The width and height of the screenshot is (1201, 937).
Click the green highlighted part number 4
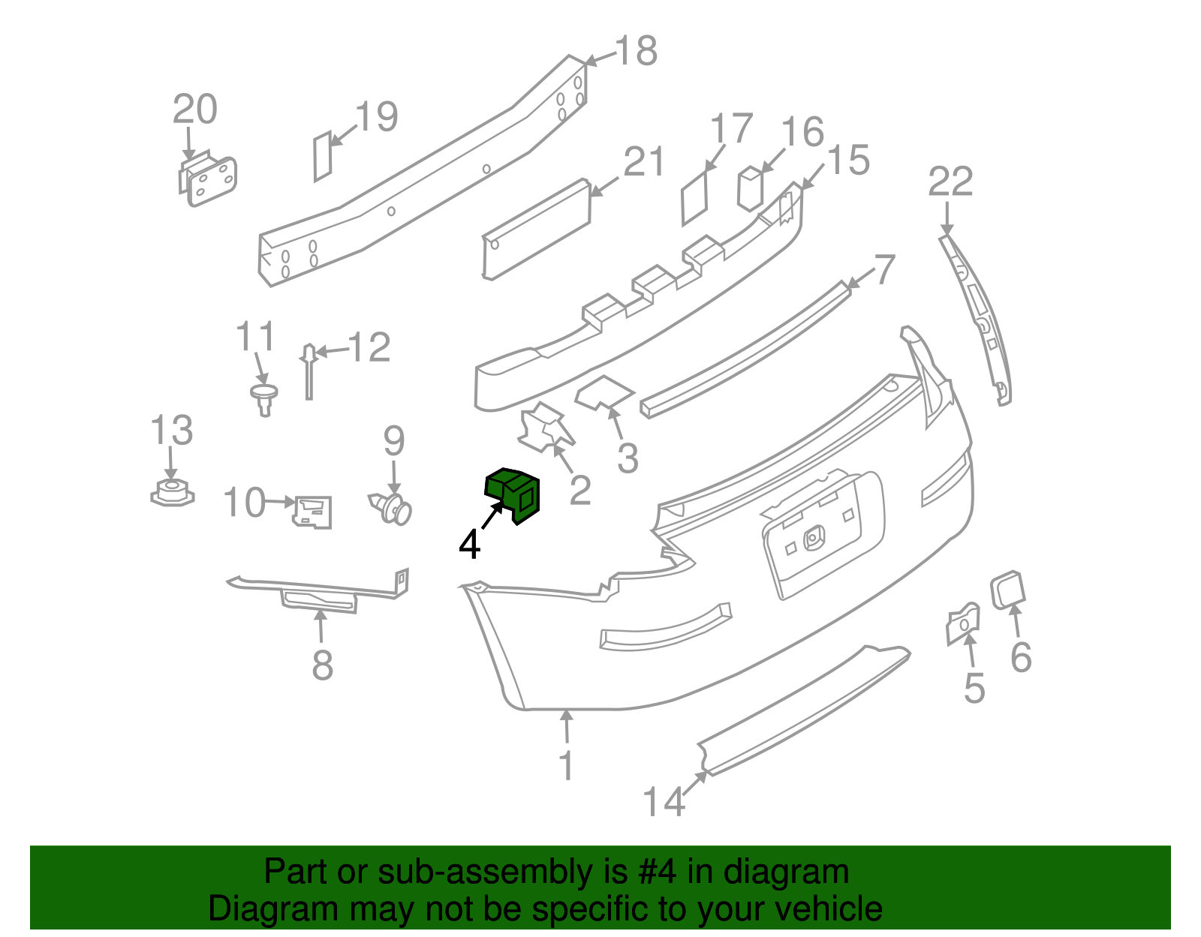(513, 492)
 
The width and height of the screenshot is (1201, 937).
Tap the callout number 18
(636, 52)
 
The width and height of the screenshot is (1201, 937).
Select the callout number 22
(950, 182)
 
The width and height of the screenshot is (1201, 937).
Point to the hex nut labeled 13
(172, 494)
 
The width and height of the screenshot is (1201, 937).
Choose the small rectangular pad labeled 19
(322, 156)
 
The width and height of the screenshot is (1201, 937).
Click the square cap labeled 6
(1008, 590)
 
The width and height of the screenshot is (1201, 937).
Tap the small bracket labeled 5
(962, 623)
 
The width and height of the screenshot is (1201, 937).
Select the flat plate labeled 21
(536, 230)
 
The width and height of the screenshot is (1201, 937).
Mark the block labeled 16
(751, 188)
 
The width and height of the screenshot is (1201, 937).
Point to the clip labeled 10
(312, 512)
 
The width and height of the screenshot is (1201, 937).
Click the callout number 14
(664, 802)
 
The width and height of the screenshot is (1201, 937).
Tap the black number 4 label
(470, 545)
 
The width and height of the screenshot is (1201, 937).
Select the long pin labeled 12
(309, 371)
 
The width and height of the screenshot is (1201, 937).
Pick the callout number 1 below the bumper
(567, 765)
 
